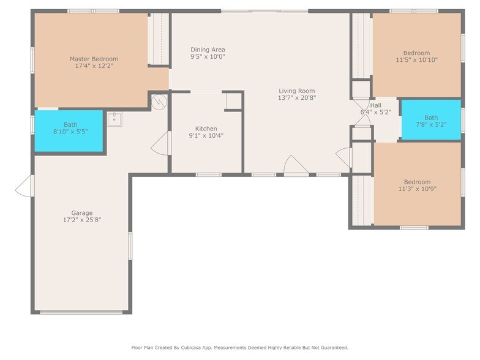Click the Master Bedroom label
click(94, 59)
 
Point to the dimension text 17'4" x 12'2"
click(94, 66)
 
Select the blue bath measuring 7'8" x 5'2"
click(431, 121)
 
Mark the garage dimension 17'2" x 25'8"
click(81, 220)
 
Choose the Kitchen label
click(206, 129)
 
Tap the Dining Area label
click(208, 50)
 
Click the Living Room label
click(296, 91)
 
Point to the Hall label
click(375, 105)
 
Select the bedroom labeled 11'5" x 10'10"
click(416, 56)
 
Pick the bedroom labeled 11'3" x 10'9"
click(417, 186)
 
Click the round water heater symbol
click(159, 100)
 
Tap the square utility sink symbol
click(114, 118)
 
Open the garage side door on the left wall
click(24, 186)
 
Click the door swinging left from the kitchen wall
click(160, 143)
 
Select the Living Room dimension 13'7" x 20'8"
click(296, 97)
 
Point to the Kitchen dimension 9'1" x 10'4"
click(206, 135)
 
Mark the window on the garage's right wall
click(130, 246)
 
